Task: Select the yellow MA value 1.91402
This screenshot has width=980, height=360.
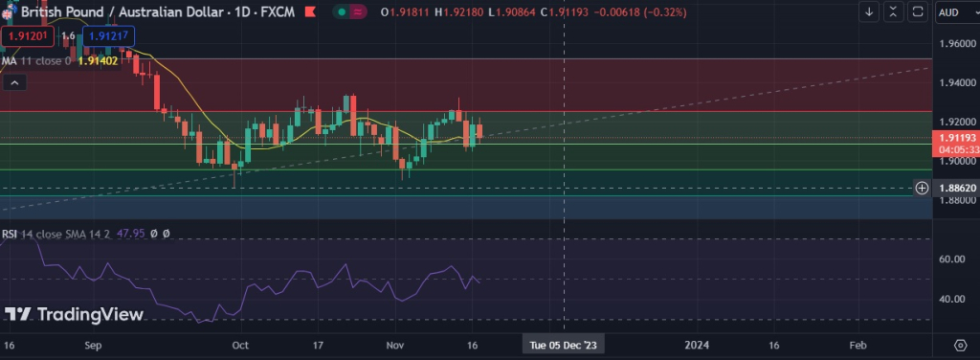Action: (96, 60)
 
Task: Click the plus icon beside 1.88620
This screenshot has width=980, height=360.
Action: (922, 188)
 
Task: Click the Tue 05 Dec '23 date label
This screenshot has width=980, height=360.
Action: (564, 344)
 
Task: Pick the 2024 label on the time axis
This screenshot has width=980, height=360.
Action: (696, 344)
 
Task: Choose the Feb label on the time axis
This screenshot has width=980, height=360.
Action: (857, 344)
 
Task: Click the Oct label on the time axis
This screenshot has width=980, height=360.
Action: (240, 344)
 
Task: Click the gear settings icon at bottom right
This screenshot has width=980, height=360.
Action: (960, 344)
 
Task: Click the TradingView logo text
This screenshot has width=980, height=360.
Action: (75, 314)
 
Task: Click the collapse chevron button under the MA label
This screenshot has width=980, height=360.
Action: (13, 82)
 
